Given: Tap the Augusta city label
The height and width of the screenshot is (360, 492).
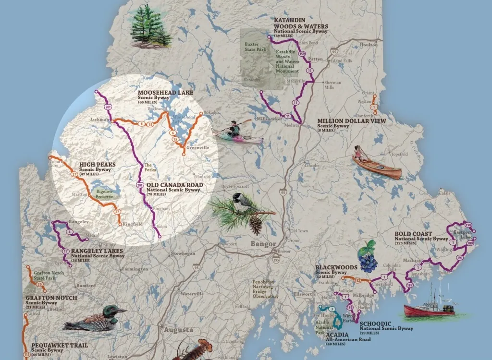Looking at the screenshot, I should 178,330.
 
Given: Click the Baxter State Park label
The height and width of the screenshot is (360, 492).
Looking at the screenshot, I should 255,48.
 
